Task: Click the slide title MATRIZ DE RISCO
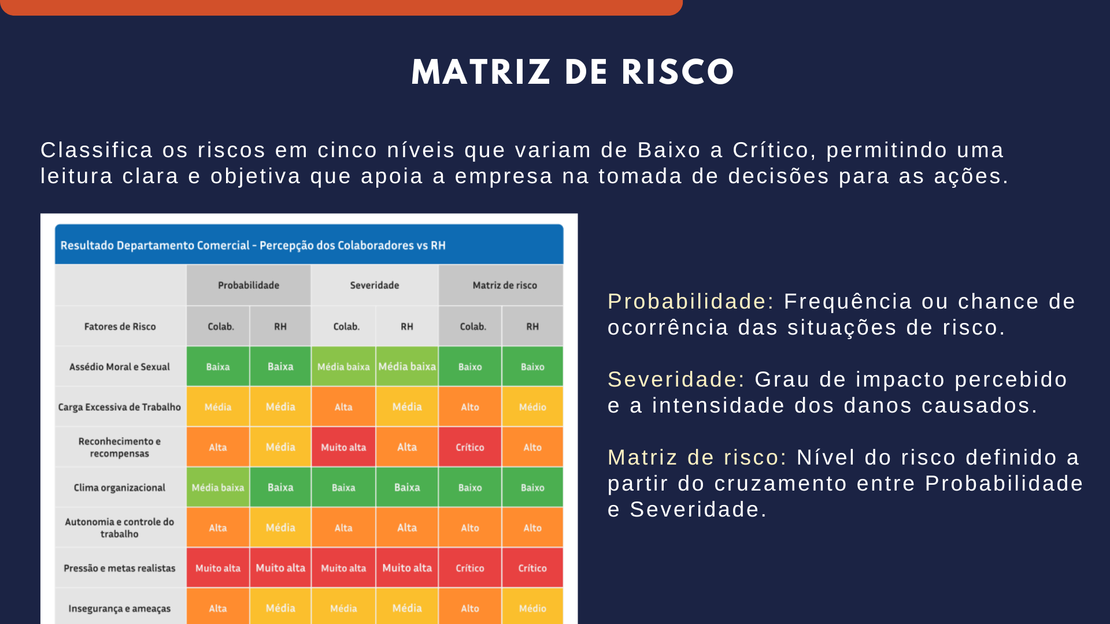[x=572, y=72]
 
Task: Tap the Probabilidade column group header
[x=249, y=285]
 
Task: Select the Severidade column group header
[x=375, y=285]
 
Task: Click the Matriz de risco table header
[x=505, y=285]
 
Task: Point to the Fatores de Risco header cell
[x=120, y=326]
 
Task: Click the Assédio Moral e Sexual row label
[x=120, y=367]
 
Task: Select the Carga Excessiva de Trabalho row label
[x=120, y=407]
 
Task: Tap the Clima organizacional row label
[x=120, y=488]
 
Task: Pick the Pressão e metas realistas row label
[x=120, y=569]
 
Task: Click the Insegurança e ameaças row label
[x=120, y=608]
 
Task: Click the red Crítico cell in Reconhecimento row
[x=470, y=447]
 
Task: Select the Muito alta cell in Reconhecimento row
[x=343, y=447]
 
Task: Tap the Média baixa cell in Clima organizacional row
[x=218, y=488]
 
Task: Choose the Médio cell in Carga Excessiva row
[x=532, y=407]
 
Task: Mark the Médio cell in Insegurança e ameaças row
[x=532, y=608]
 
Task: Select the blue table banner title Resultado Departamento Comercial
[x=155, y=246]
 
